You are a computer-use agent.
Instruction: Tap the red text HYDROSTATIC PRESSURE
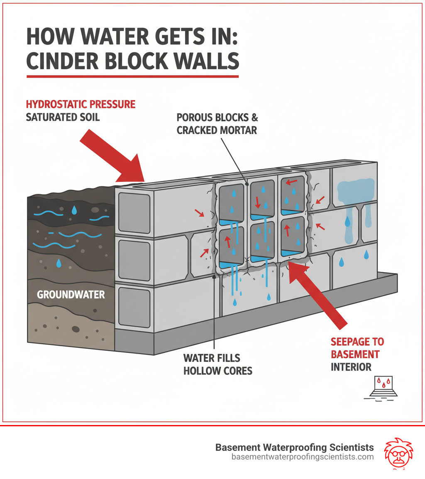tap(81, 104)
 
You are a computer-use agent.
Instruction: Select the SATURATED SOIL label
tap(63, 117)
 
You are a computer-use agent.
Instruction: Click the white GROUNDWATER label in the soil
tap(71, 295)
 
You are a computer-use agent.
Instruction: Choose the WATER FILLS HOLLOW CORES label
tap(218, 364)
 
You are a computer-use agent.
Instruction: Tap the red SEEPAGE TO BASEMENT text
tap(357, 348)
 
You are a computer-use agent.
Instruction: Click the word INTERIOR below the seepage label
tap(351, 367)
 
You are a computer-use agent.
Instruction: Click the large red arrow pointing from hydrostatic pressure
tap(112, 158)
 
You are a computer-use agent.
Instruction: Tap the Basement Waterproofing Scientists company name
tap(294, 447)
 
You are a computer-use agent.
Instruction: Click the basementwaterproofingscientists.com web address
tap(302, 457)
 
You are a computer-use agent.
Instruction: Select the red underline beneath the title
tap(132, 76)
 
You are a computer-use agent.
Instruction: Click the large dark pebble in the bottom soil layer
tap(76, 329)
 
